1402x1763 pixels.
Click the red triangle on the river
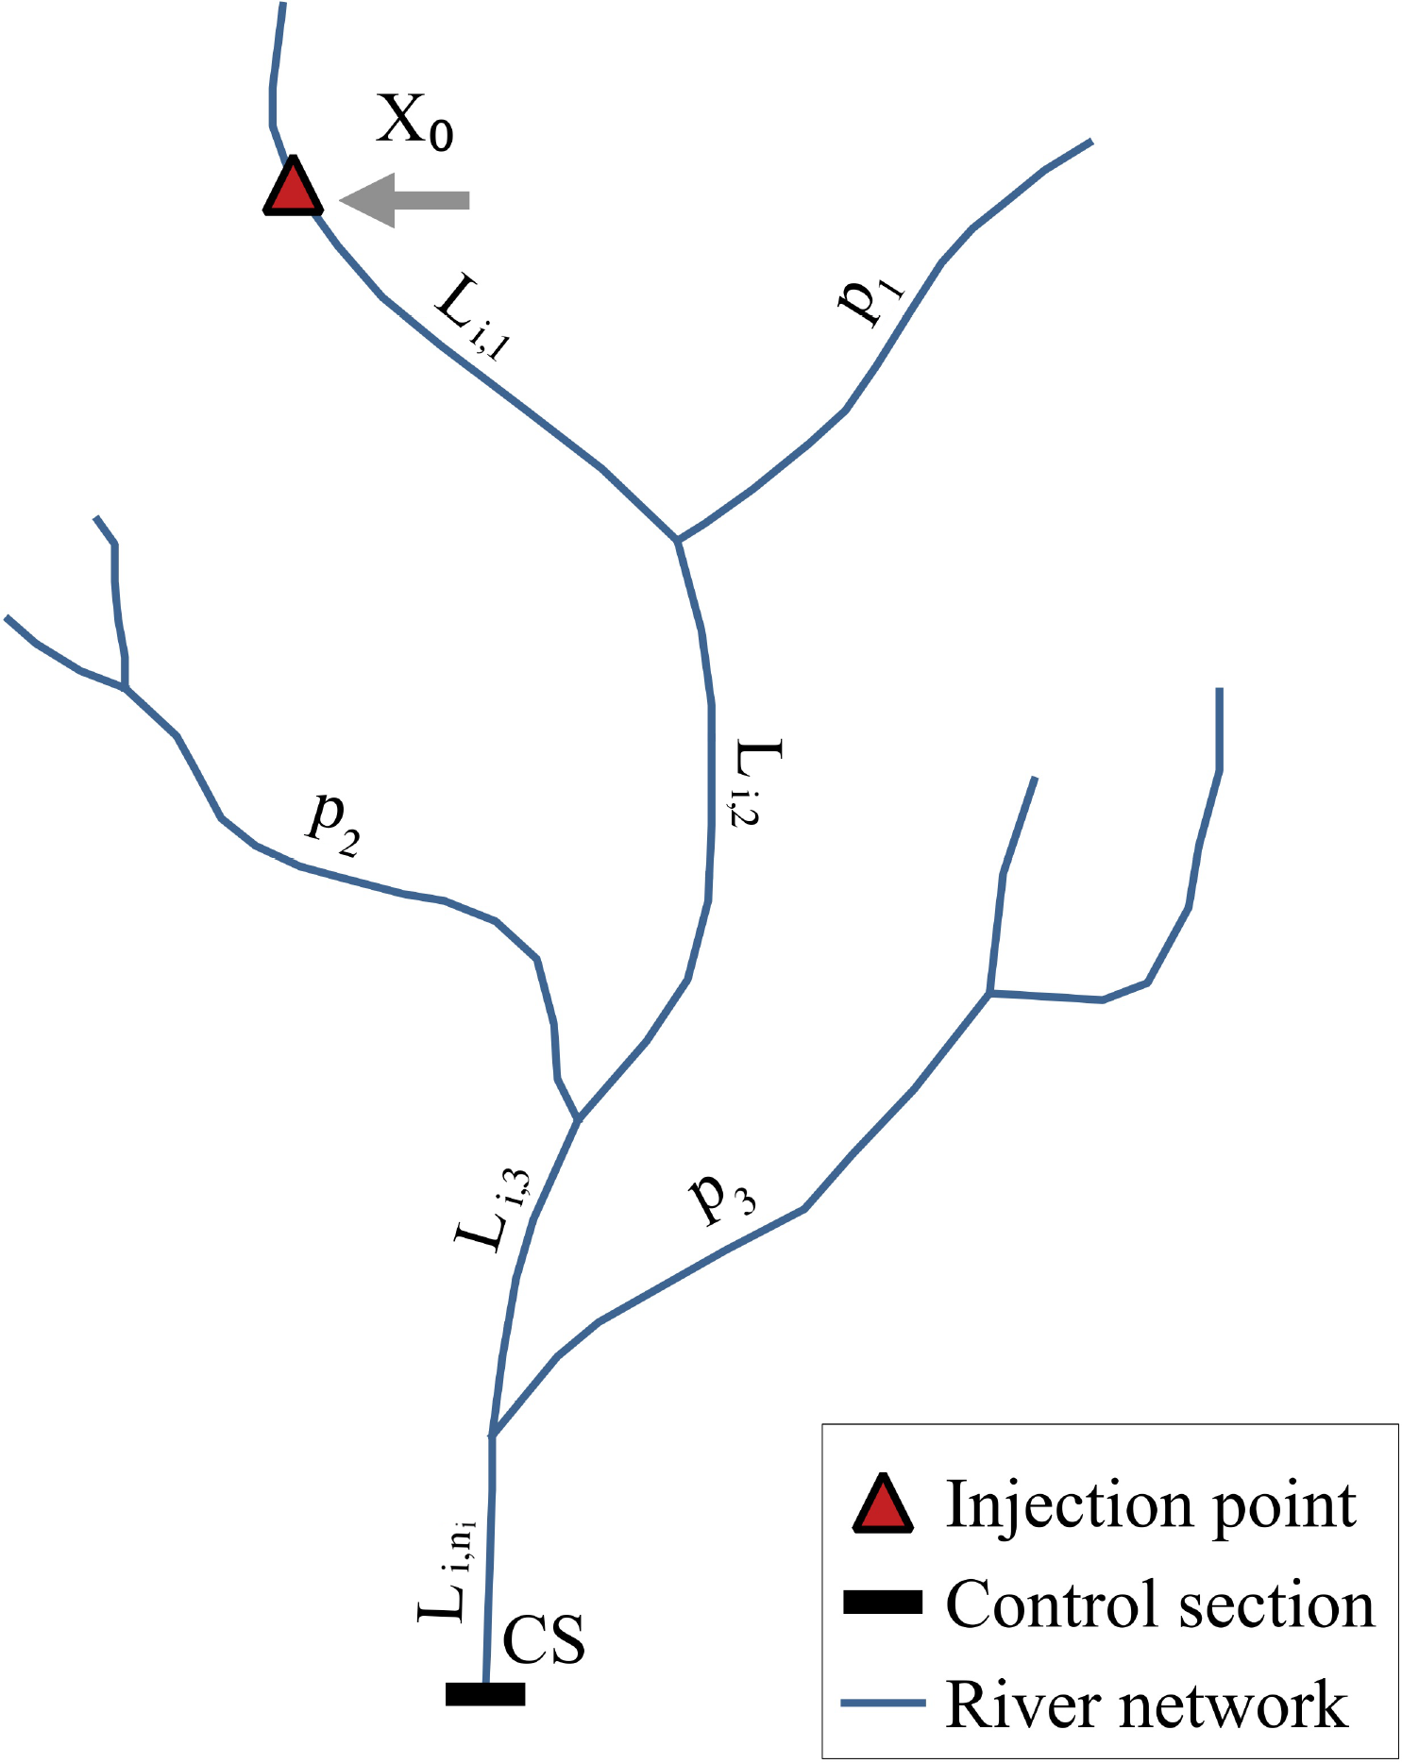click(x=293, y=189)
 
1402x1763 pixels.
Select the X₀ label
click(x=414, y=122)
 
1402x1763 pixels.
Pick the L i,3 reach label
click(x=494, y=1208)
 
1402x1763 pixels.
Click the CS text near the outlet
click(x=544, y=1639)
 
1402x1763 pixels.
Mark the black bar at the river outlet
click(x=485, y=1694)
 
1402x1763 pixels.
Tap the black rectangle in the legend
click(x=883, y=1602)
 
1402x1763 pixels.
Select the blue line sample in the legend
click(x=883, y=1703)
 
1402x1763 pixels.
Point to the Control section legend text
click(x=1160, y=1603)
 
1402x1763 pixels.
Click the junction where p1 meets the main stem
click(x=677, y=540)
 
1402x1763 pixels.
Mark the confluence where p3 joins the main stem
click(x=492, y=1436)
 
